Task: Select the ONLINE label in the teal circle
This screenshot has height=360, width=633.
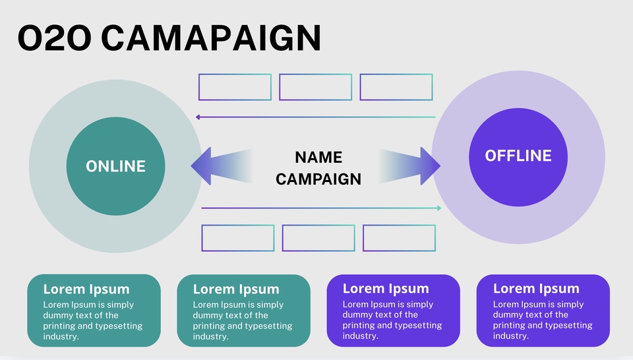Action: (x=115, y=166)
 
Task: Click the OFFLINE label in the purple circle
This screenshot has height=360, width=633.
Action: (x=518, y=156)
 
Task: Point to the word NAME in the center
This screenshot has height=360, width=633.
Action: (x=318, y=158)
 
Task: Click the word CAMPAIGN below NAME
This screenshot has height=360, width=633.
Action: (x=318, y=179)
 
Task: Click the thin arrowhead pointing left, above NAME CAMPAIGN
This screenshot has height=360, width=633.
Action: (x=198, y=117)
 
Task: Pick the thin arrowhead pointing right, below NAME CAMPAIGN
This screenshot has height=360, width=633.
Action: (x=438, y=208)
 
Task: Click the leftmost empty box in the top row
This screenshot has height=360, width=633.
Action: (x=235, y=87)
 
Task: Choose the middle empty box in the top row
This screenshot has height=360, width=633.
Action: (x=315, y=87)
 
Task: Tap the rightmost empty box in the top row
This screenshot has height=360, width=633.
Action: (x=396, y=87)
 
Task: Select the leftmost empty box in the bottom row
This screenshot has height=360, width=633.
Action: (x=237, y=238)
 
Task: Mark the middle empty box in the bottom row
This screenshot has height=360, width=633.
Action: (x=318, y=238)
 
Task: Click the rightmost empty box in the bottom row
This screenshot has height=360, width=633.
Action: (x=399, y=238)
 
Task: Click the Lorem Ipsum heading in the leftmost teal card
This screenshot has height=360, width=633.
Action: (x=86, y=289)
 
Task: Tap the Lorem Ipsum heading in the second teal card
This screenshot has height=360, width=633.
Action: (x=235, y=289)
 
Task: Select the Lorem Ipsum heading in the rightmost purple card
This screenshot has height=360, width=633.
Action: (x=535, y=289)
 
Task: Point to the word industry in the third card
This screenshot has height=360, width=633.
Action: (x=360, y=336)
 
